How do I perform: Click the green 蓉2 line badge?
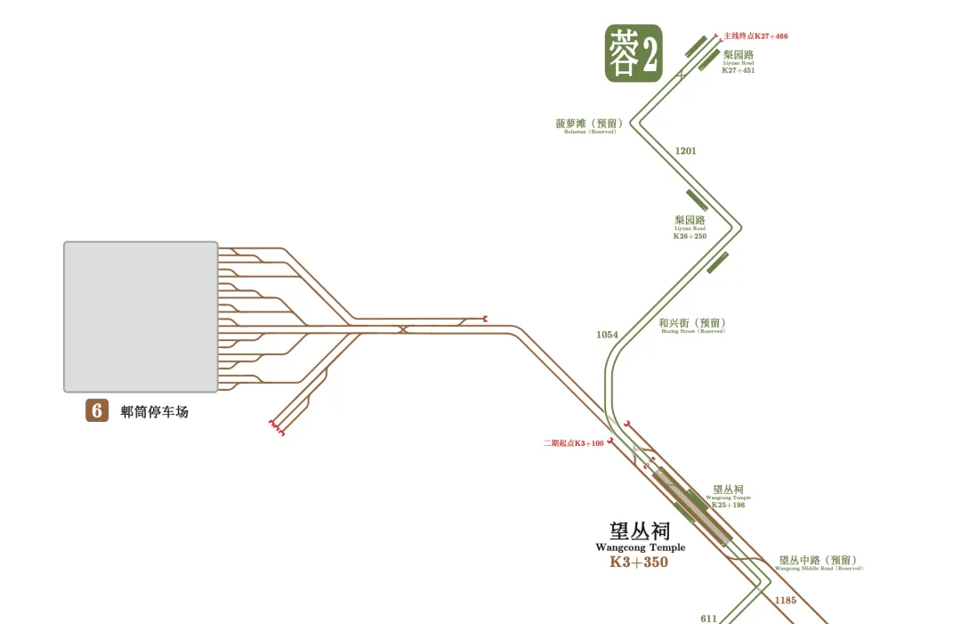(634, 53)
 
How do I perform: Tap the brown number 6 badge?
(97, 410)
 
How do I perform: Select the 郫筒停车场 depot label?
(155, 412)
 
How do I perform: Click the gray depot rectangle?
(141, 316)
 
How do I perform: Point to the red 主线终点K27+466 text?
(755, 36)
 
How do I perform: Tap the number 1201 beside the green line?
(685, 151)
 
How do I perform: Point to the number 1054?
(607, 336)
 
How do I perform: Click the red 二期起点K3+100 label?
(574, 443)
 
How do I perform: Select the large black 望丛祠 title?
(640, 531)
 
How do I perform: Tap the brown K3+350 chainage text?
(639, 563)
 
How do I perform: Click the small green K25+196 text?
(728, 505)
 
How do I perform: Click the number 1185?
(786, 600)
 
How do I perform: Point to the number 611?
(708, 618)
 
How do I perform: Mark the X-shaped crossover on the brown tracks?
(403, 329)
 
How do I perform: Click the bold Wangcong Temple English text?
(641, 547)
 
